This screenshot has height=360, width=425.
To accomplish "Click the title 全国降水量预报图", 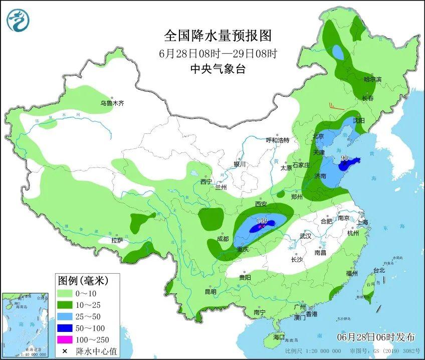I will (218, 36).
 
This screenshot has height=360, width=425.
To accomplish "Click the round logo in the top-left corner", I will (18, 20).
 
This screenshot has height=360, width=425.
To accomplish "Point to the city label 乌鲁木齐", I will (111, 103).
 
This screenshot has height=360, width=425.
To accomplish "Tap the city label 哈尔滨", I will (372, 79).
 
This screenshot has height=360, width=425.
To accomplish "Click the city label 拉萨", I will (117, 240).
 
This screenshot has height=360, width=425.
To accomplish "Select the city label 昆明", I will (210, 291).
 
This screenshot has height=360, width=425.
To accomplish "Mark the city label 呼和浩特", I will (277, 140).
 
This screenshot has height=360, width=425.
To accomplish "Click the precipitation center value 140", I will (261, 221).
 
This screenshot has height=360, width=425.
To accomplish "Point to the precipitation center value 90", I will (344, 158).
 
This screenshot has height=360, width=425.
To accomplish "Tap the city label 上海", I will (363, 222).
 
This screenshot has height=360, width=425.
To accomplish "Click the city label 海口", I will (279, 336).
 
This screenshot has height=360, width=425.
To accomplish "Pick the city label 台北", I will (378, 270).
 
